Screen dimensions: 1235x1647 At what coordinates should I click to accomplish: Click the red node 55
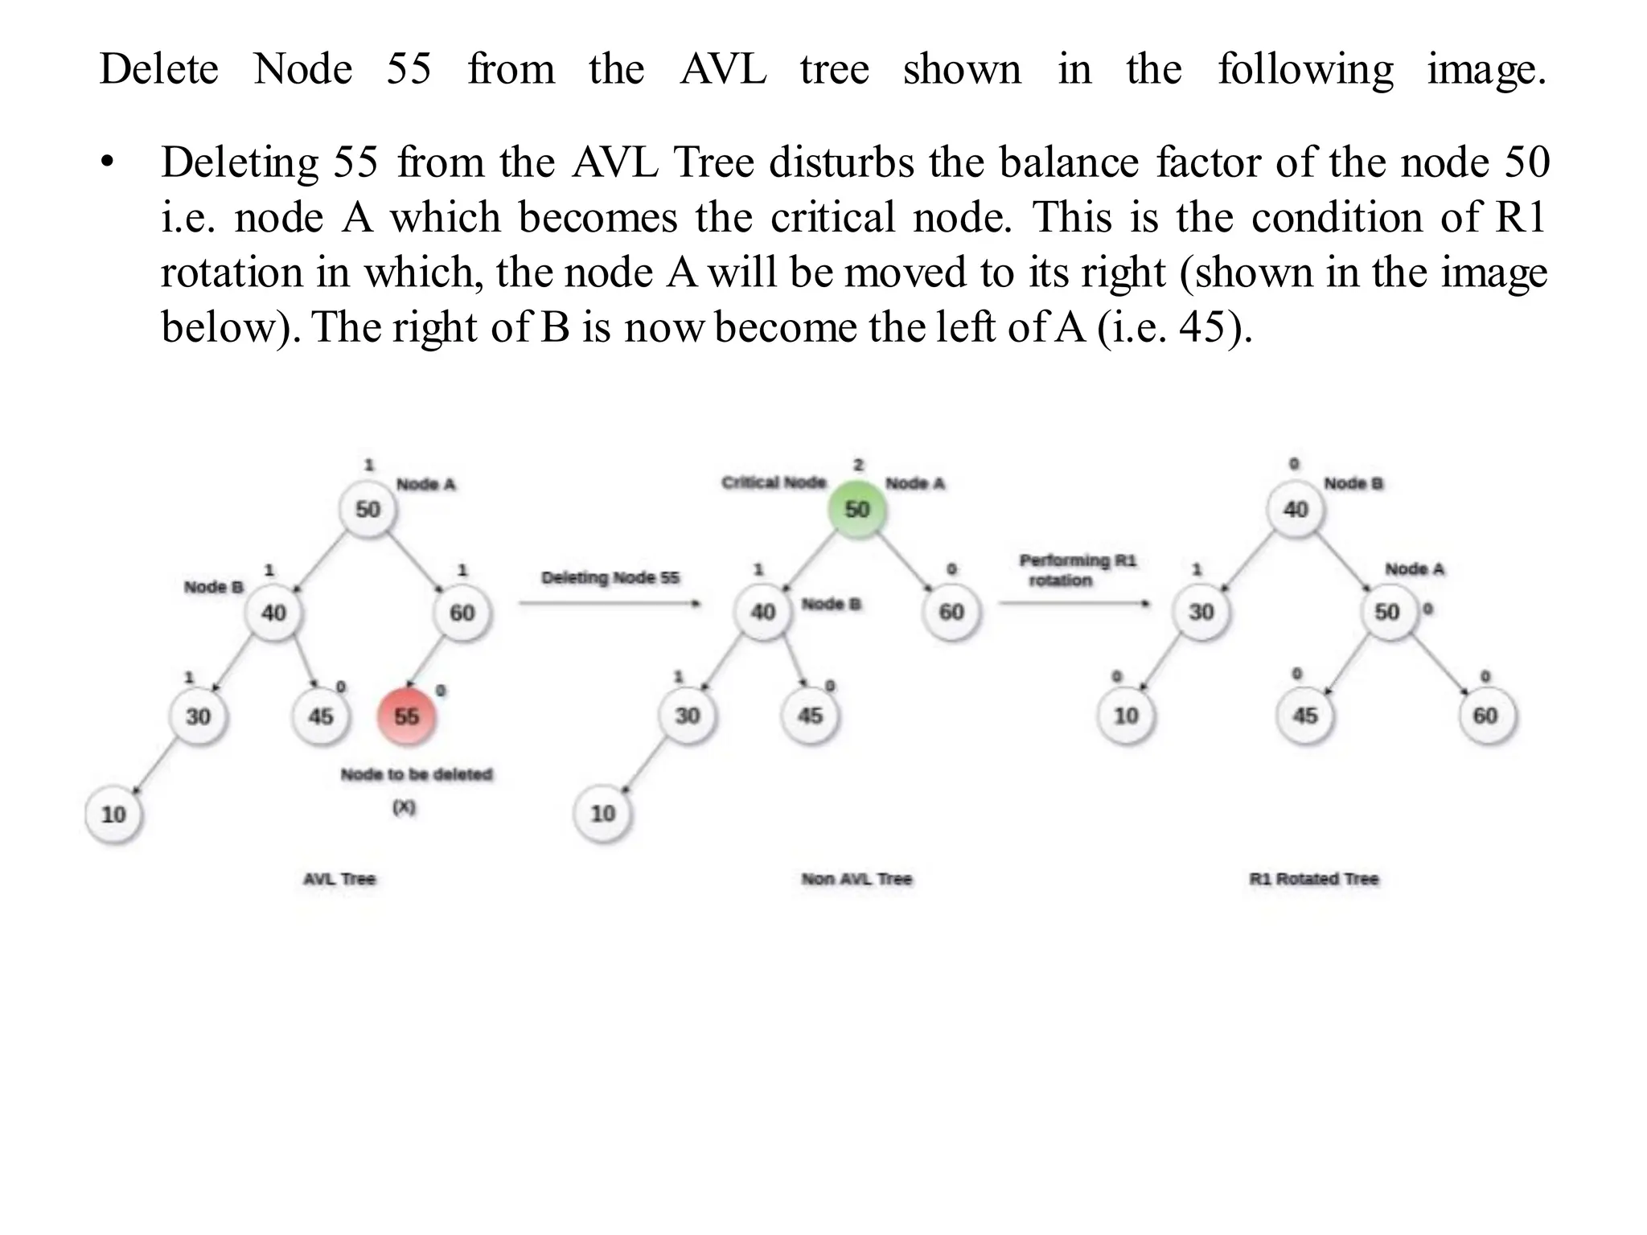pos(406,716)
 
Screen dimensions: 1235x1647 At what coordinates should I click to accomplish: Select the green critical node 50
pos(856,509)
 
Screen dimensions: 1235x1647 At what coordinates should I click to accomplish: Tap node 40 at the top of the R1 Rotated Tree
pos(1295,509)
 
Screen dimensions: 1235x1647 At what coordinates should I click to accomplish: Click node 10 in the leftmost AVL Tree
pos(113,814)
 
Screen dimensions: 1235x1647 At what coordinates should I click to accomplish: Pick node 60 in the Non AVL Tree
pos(951,612)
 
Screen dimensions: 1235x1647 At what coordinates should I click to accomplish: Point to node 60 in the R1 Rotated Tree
pos(1485,715)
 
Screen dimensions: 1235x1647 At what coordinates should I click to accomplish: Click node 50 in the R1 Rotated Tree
pos(1386,612)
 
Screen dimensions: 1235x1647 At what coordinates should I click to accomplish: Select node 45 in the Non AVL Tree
pos(810,715)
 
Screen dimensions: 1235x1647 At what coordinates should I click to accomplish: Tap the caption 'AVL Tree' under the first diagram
pos(339,879)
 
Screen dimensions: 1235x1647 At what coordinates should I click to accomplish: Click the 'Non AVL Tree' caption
pos(856,879)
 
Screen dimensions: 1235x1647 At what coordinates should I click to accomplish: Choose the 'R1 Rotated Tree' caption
pos(1314,879)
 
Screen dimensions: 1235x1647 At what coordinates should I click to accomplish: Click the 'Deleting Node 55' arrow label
pos(610,577)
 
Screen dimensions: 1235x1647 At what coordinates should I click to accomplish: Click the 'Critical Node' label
pos(774,482)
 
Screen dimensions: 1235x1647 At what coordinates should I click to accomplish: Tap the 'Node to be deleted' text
pos(416,774)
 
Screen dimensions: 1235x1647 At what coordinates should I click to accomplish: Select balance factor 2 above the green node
pos(858,465)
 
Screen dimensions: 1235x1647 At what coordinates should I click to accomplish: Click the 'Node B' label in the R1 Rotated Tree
pos(1353,483)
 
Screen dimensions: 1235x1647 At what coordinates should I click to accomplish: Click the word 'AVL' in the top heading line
pos(723,69)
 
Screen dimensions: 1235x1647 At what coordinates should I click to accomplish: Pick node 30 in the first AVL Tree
pos(198,716)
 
